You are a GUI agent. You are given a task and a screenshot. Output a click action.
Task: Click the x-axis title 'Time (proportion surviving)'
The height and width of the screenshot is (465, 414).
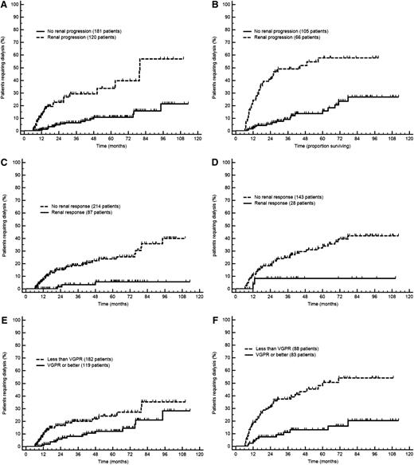point(314,148)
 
